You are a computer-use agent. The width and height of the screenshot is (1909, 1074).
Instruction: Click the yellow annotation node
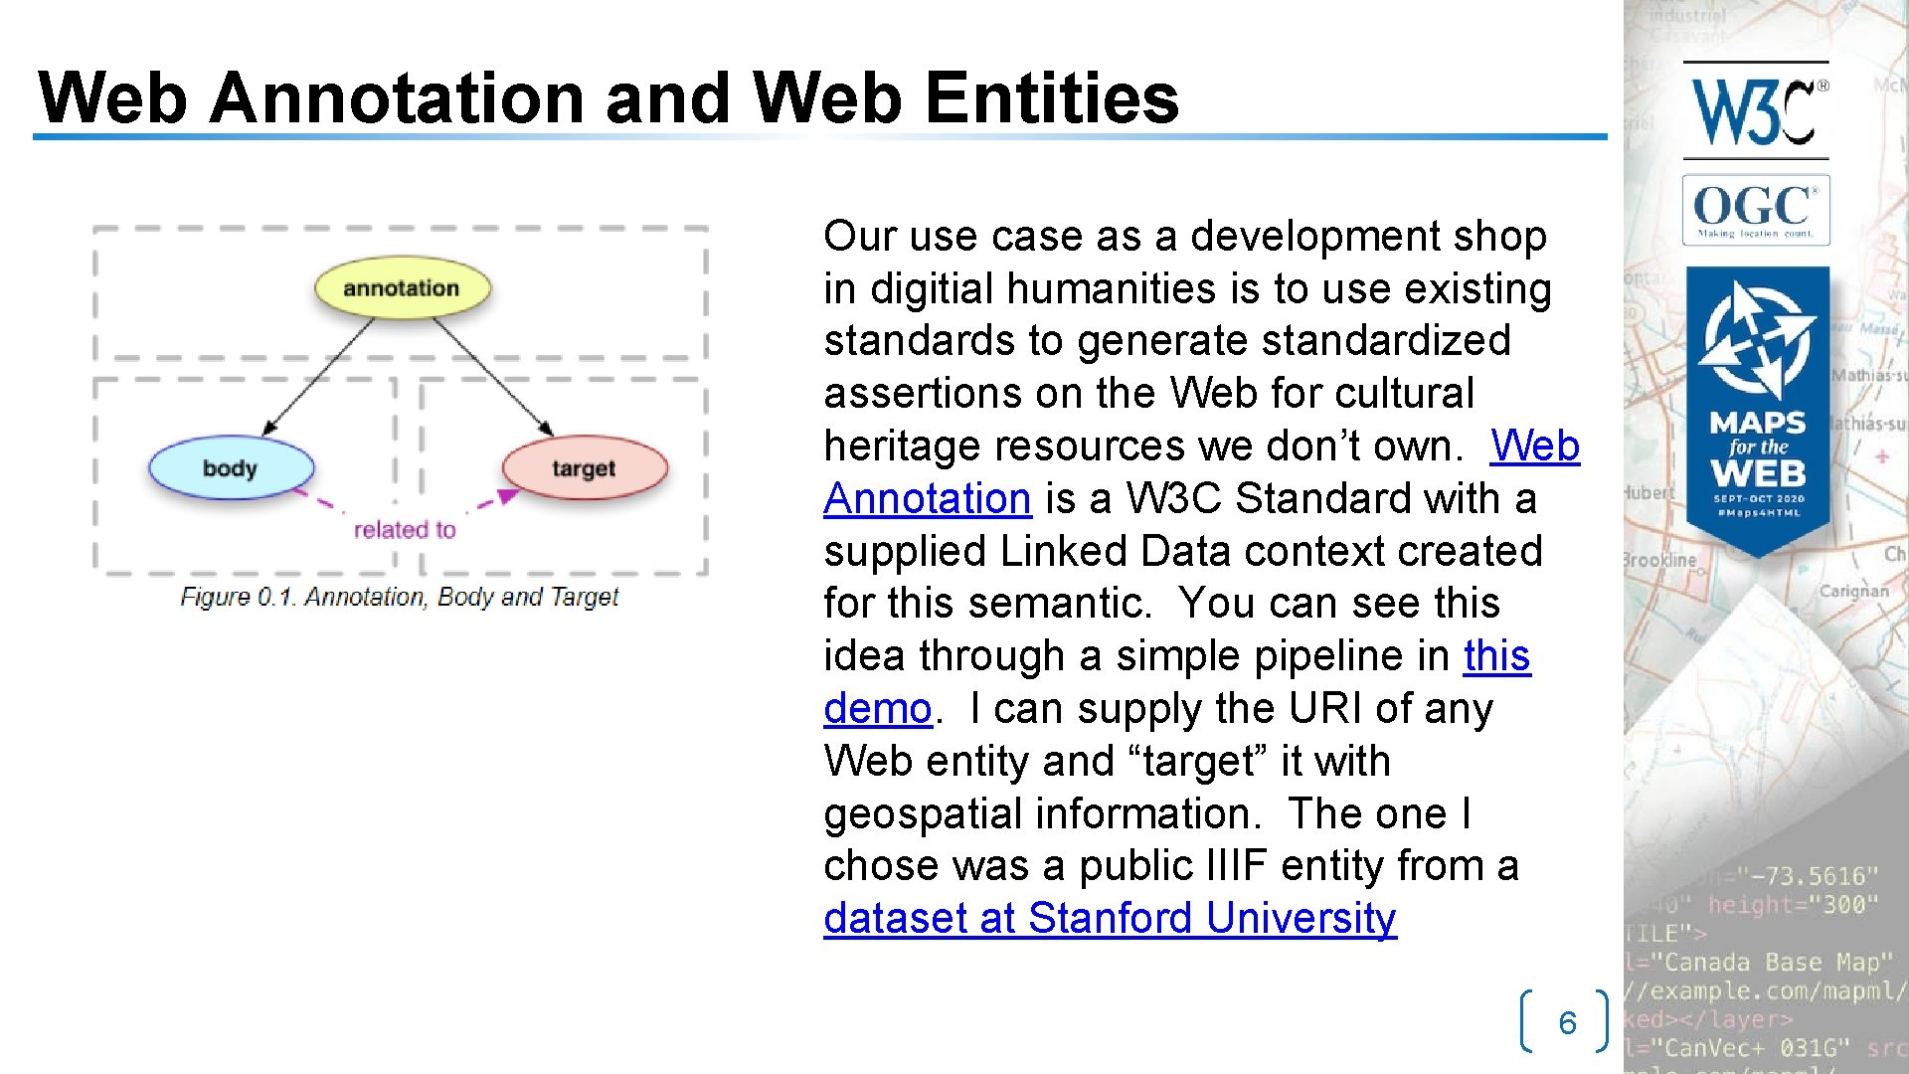click(x=402, y=288)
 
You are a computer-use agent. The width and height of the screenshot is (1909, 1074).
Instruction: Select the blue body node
click(x=231, y=468)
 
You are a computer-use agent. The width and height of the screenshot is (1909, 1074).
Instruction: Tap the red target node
click(x=584, y=468)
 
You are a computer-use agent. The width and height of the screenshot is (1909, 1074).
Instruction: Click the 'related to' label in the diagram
click(x=405, y=530)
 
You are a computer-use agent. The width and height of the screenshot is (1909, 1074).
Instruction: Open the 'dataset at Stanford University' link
click(x=1110, y=918)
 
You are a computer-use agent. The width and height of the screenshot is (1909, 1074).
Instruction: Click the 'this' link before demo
click(x=1496, y=656)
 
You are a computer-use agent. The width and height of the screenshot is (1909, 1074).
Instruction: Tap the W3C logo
click(x=1756, y=111)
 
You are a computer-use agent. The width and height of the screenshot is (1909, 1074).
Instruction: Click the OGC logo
click(x=1756, y=210)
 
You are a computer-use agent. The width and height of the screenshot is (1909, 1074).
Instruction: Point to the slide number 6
click(x=1567, y=1022)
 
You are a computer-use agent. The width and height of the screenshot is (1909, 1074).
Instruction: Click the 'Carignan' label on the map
click(x=1853, y=591)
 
